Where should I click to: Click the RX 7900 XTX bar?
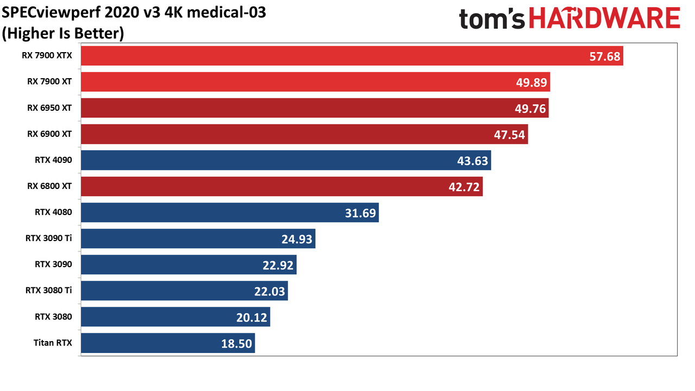pos(352,56)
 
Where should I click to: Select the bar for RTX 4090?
pos(286,160)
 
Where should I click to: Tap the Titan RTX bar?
pos(168,343)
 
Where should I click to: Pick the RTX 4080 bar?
pos(230,212)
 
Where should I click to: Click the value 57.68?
pos(604,56)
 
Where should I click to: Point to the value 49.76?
pos(530,109)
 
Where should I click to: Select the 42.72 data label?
pos(464,187)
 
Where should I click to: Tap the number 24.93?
pos(296,239)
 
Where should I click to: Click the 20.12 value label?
pos(251,318)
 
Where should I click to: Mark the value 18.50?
pos(236,344)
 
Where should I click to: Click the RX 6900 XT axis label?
pos(49,134)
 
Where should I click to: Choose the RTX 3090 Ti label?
pos(48,238)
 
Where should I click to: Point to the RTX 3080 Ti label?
pos(48,290)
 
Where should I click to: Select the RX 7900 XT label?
pos(49,81)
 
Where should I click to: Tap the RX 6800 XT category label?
pos(49,186)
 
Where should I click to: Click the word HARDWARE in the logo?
pos(604,18)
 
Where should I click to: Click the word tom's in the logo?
pos(492,18)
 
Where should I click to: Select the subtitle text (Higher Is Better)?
pos(62,34)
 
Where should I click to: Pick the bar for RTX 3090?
pos(188,264)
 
